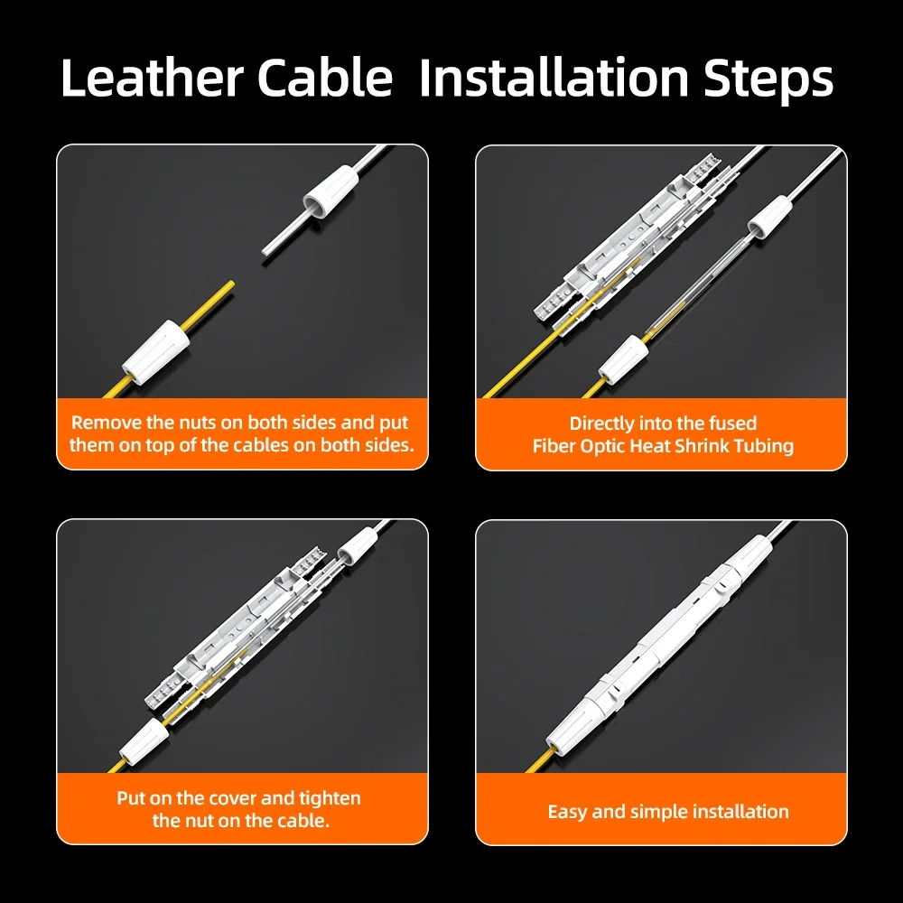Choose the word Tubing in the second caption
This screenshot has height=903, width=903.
(x=763, y=446)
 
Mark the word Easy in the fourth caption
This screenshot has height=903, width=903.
(x=568, y=812)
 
